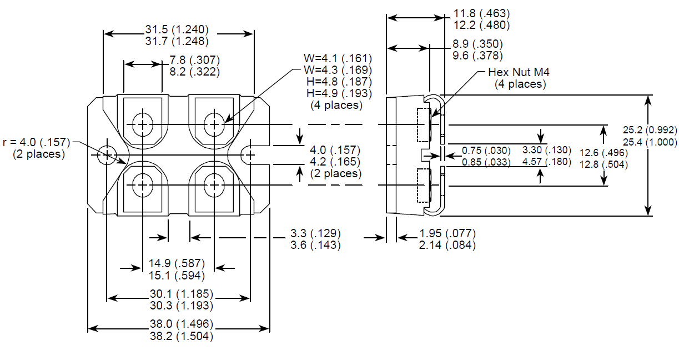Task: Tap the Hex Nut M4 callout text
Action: click(519, 72)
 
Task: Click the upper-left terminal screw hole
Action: click(143, 124)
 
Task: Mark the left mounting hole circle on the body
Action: click(105, 154)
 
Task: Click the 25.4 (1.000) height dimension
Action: click(650, 142)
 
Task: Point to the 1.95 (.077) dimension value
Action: click(447, 233)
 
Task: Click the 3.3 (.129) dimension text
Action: click(315, 233)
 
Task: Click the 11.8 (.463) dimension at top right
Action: click(481, 13)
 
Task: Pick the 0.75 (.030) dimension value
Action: click(486, 151)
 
